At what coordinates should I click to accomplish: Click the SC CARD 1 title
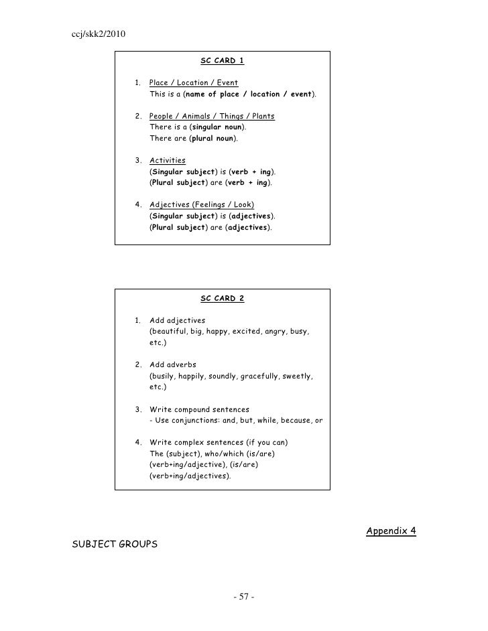(223, 61)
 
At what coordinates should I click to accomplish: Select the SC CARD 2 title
(223, 299)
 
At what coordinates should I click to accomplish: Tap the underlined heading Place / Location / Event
(194, 83)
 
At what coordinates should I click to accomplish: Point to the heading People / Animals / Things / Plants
(212, 116)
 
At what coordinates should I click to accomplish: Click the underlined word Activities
(168, 160)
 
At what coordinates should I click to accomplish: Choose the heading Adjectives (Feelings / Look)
(202, 204)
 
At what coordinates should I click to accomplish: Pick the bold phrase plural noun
(212, 138)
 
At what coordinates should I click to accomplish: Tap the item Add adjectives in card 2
(178, 320)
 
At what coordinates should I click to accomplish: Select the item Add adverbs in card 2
(173, 364)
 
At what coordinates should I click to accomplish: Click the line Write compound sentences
(199, 409)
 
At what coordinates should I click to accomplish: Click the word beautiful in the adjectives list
(170, 332)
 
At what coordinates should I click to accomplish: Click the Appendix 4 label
(391, 531)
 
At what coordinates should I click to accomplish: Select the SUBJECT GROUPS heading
(115, 544)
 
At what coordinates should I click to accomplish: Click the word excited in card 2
(247, 332)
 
